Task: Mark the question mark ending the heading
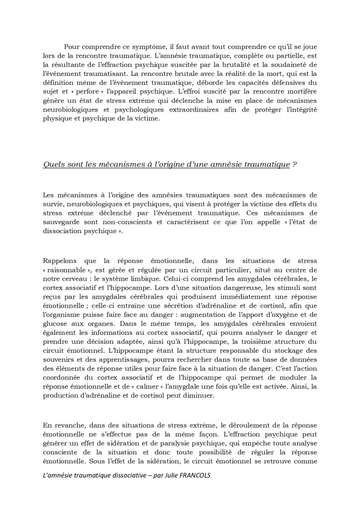[x=294, y=165]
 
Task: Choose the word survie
[x=54, y=204]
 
